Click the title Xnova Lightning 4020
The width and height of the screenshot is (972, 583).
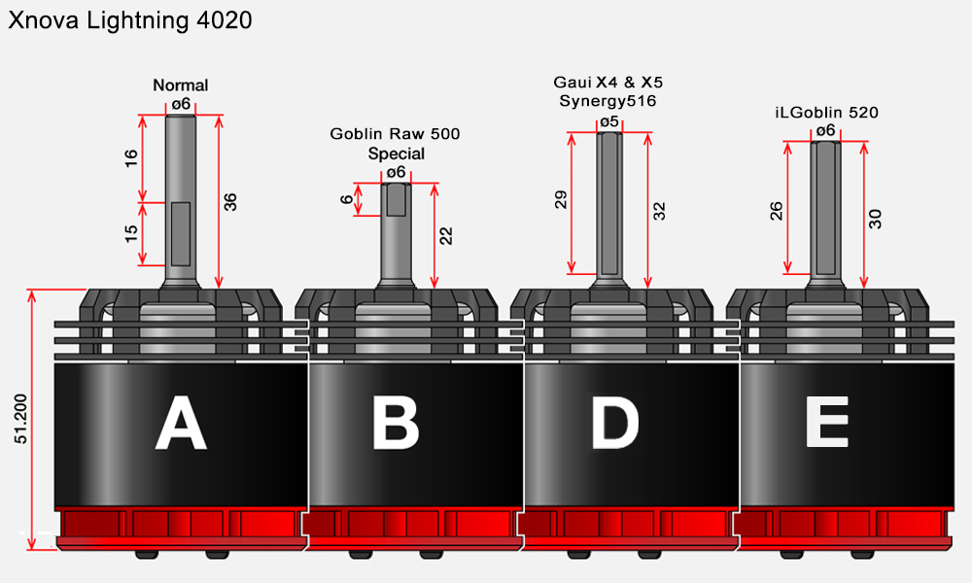[x=130, y=20]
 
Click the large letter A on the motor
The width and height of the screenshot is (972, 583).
[x=181, y=423]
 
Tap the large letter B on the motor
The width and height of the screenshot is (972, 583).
[x=396, y=423]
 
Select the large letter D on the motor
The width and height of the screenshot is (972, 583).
[x=615, y=423]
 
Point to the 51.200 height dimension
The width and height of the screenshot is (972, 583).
[x=21, y=419]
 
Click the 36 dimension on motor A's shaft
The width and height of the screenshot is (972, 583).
[x=230, y=202]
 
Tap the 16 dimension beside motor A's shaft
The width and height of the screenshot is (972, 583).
[x=131, y=158]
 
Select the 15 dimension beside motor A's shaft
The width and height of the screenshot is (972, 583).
[x=131, y=233]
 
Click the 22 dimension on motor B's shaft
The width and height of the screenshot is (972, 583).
[x=446, y=236]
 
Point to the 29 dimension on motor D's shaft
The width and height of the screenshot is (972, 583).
[x=561, y=199]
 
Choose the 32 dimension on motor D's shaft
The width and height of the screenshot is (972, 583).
[x=660, y=211]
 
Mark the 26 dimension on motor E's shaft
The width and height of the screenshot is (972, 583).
[x=776, y=211]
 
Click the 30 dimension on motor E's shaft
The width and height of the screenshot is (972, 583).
[x=876, y=219]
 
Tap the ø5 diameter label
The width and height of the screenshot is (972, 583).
[x=609, y=121]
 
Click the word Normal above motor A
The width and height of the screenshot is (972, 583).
[x=181, y=85]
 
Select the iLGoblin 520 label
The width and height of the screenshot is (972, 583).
[x=827, y=112]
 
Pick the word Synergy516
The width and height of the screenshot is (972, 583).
[x=607, y=100]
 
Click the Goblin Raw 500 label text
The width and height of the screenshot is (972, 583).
[x=395, y=133]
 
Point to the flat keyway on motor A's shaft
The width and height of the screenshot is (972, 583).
[x=181, y=233]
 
